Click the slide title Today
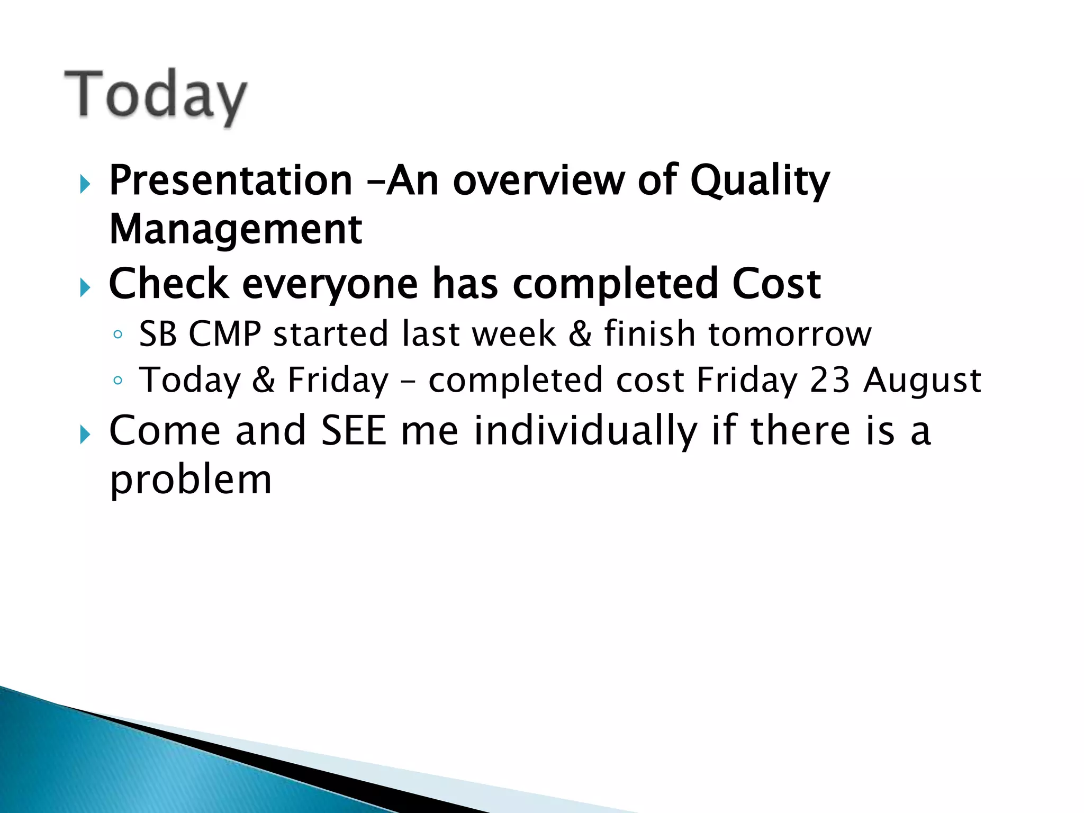point(156,95)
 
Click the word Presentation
point(231,181)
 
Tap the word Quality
point(760,181)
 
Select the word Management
point(236,230)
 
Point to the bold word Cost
point(776,284)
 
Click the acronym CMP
point(225,334)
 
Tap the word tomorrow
point(790,334)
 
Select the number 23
point(830,380)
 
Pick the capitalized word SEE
point(354,430)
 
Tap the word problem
point(191,481)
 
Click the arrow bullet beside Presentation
point(85,185)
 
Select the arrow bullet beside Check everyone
point(85,288)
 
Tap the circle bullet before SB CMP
point(118,335)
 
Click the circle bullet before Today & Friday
point(118,381)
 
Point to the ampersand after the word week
point(580,334)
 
